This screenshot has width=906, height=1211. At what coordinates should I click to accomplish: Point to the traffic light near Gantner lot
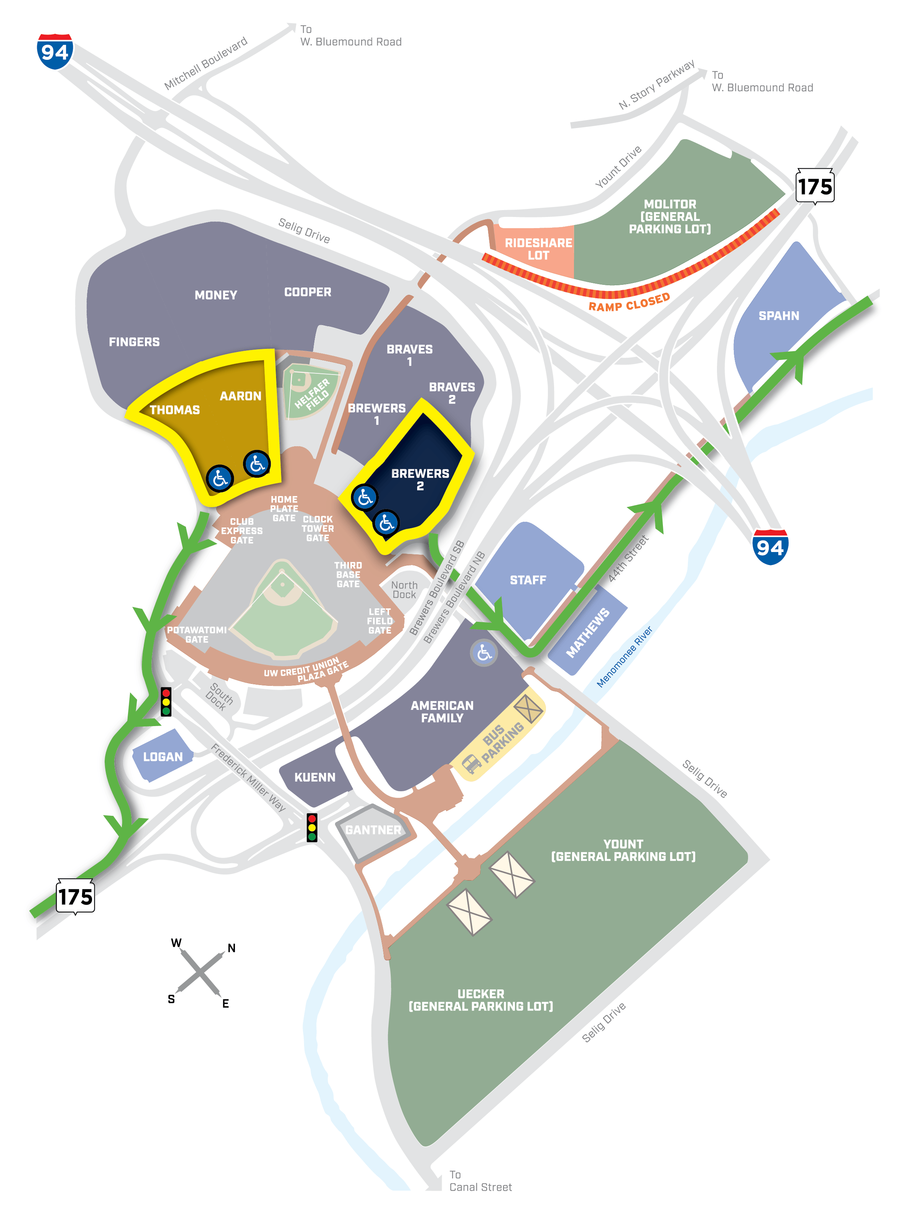coord(311,827)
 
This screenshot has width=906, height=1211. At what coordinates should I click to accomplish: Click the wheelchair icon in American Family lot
coord(483,652)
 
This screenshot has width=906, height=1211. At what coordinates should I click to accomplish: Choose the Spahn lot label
coord(778,316)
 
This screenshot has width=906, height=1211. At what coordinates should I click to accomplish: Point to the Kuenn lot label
coord(314,777)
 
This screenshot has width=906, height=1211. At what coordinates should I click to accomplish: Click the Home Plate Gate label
coord(284,509)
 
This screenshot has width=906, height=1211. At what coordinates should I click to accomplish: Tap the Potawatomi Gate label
coord(197,634)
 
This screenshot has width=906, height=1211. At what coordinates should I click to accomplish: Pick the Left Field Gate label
coord(379,621)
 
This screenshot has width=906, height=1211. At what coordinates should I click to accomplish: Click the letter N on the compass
coord(232,948)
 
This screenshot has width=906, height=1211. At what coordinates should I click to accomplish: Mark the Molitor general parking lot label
coord(669,217)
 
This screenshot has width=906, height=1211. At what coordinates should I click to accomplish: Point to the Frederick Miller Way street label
coord(248,777)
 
